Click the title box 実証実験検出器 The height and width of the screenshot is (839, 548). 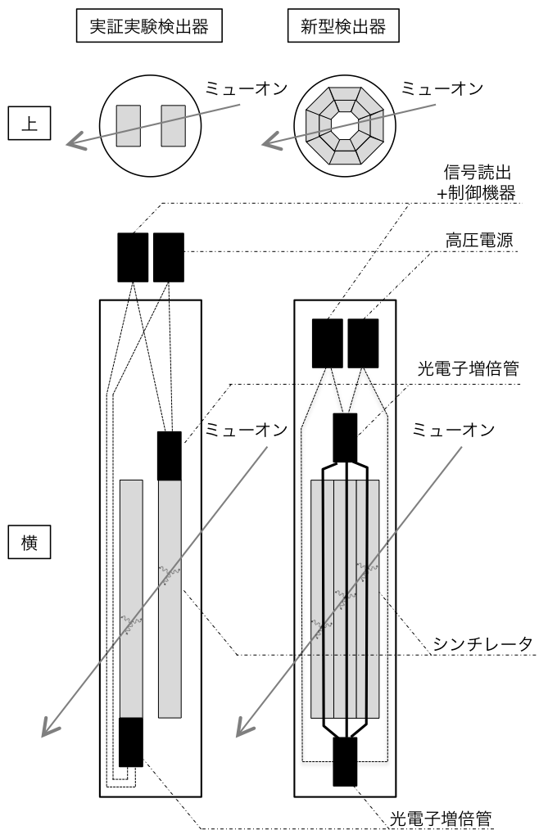[149, 26]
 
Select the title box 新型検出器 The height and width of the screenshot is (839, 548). [343, 26]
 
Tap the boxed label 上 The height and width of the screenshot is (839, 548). [29, 124]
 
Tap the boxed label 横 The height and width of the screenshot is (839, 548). [29, 543]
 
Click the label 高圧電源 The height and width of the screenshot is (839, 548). [479, 241]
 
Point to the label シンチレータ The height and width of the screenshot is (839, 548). [482, 644]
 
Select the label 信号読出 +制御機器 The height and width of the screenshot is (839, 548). [477, 183]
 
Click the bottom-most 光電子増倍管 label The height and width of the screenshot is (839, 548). [441, 819]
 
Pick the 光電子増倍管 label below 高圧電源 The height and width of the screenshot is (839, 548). [469, 368]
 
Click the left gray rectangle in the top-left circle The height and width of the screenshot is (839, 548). [129, 126]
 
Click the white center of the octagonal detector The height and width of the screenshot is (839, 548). [345, 126]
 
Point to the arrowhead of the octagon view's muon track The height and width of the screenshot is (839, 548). [271, 142]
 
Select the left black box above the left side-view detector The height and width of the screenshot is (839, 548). [133, 257]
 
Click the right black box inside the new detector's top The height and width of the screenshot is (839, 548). [363, 344]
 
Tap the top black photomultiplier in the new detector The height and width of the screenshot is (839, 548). [345, 438]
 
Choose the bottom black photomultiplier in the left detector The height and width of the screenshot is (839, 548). [131, 742]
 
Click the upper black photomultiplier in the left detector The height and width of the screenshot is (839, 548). [170, 456]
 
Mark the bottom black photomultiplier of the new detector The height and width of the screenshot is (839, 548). [345, 762]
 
